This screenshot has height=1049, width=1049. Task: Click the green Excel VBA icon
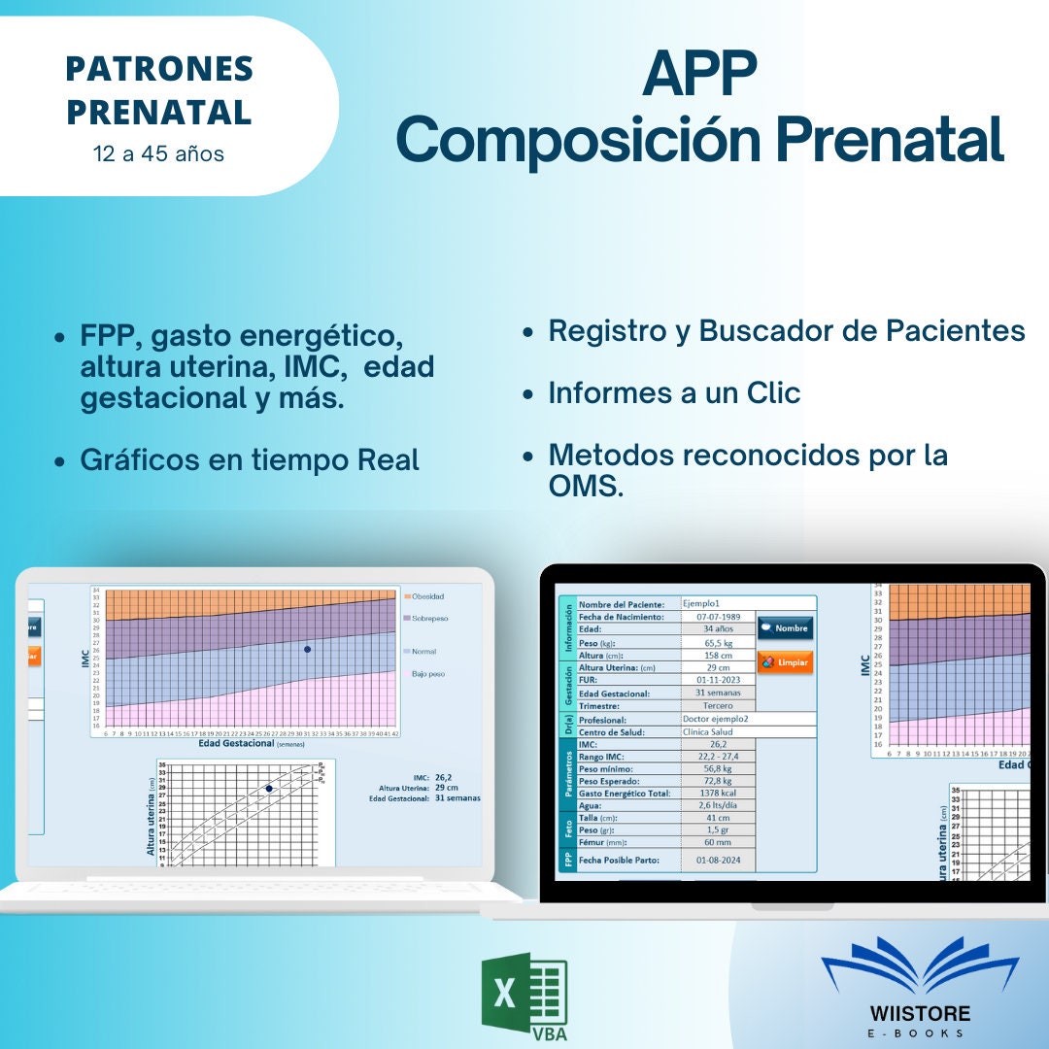524,995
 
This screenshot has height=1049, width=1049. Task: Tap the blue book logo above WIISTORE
919,967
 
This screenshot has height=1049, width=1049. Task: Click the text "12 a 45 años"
158,153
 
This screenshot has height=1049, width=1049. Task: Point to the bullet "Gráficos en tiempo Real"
250,459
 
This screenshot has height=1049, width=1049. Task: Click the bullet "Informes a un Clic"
674,393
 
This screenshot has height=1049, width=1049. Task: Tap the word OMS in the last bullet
586,487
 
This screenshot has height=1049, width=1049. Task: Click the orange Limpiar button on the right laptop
785,662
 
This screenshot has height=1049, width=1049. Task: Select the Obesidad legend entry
427,596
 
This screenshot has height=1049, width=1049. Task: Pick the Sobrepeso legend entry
429,618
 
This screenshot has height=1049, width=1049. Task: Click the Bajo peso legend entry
427,673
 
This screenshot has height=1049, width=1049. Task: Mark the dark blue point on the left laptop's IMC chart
307,649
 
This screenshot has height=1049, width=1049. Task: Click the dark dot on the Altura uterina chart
269,789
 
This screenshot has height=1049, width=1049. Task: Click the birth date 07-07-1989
719,617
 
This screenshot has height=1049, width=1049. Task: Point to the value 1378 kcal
719,794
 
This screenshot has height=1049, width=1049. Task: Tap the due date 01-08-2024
719,860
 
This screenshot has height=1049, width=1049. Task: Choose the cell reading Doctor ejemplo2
719,719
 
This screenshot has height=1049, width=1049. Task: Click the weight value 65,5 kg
719,642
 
